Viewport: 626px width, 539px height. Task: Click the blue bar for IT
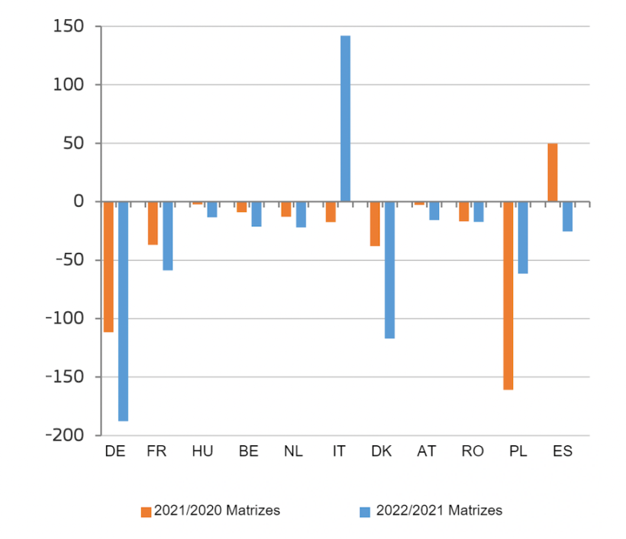(x=345, y=119)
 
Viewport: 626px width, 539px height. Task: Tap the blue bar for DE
(x=123, y=311)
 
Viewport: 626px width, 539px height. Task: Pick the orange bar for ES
(x=552, y=173)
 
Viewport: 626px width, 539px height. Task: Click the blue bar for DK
(x=389, y=270)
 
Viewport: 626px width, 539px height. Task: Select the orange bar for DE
(x=108, y=267)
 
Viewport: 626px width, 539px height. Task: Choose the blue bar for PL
(x=522, y=237)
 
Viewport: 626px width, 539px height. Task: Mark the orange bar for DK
(x=375, y=223)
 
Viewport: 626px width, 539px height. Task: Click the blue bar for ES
(x=567, y=217)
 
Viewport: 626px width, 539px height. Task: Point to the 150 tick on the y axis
(x=68, y=27)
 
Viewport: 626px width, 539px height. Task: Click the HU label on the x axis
(x=202, y=451)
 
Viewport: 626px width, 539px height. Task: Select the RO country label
(x=473, y=451)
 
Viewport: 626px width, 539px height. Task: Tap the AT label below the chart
(x=427, y=451)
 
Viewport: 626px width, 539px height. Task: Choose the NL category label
(x=293, y=451)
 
